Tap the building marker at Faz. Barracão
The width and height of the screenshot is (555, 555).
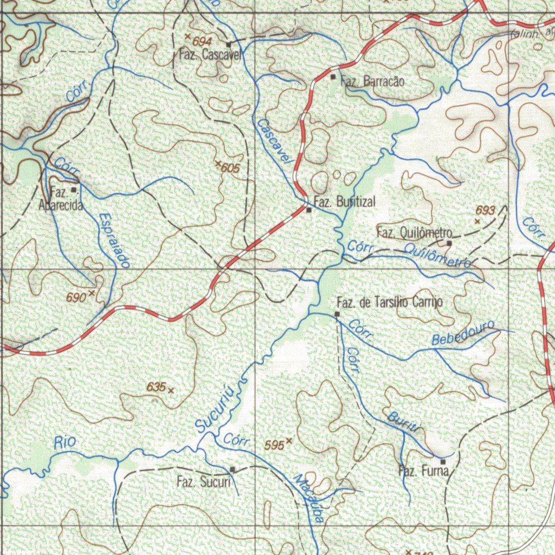click(x=333, y=77)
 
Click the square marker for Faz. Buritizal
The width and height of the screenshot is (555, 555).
click(x=308, y=210)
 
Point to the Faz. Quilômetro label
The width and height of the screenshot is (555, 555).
click(x=411, y=233)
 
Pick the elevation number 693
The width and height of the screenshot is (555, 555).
click(x=485, y=210)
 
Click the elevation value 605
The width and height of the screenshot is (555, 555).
click(x=230, y=169)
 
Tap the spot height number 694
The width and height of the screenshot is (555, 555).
click(x=202, y=41)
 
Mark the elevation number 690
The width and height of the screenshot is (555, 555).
click(x=76, y=297)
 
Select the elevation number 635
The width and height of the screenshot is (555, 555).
click(x=156, y=387)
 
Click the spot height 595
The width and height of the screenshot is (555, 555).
click(x=274, y=445)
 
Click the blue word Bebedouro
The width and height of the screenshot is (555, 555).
click(x=463, y=333)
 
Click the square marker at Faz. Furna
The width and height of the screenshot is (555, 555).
click(x=443, y=461)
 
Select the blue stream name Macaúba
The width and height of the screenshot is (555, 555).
click(x=308, y=498)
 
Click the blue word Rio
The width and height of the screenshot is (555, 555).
click(x=65, y=442)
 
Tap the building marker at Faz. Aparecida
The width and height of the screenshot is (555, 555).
click(x=74, y=190)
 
